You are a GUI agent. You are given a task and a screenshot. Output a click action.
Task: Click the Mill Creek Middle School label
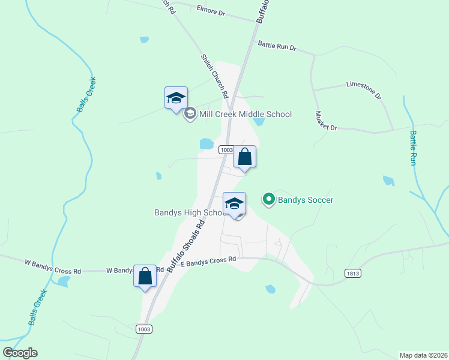(245, 114)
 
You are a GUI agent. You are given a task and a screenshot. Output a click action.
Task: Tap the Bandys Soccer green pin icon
(268, 199)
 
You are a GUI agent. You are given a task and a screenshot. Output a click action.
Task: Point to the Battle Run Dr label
(277, 45)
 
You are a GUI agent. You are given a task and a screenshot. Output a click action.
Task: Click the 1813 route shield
(353, 273)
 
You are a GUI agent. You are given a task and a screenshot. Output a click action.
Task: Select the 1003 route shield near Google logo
(144, 329)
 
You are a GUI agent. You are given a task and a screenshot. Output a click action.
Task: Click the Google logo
(20, 353)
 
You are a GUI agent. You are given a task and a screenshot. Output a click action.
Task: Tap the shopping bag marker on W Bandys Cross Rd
(145, 277)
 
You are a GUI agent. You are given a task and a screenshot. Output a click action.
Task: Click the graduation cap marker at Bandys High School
(235, 203)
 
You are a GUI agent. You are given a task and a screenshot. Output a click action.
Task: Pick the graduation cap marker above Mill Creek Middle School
(176, 98)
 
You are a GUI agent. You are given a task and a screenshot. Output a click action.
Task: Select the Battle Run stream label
(413, 148)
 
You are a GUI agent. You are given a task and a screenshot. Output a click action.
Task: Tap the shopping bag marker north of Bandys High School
(244, 157)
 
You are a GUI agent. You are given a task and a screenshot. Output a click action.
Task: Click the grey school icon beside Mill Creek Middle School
(190, 114)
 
